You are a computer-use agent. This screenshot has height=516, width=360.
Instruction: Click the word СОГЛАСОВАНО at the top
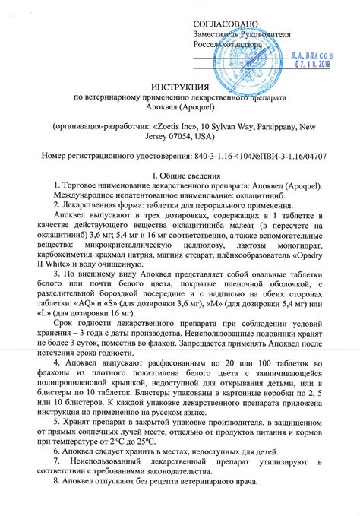(x=226, y=25)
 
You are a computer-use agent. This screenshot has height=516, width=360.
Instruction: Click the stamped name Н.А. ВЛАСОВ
(x=310, y=55)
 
